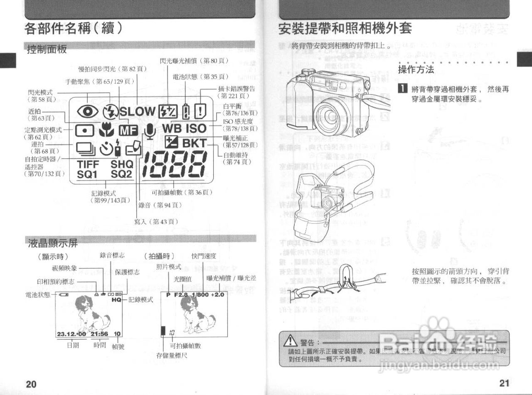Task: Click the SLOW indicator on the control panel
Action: tap(138, 111)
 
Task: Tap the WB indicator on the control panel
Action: tap(172, 128)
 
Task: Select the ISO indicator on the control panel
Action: tap(195, 128)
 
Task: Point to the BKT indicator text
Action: tap(194, 143)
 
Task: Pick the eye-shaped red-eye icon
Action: tap(88, 111)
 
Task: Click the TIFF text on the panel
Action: tap(88, 164)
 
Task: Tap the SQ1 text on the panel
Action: tap(87, 175)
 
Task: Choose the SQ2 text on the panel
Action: tap(121, 175)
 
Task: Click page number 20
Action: tap(31, 384)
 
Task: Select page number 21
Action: tap(504, 383)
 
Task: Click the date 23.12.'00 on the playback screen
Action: tap(71, 333)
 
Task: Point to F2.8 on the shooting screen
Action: tap(181, 294)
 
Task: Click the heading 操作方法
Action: tap(416, 69)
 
